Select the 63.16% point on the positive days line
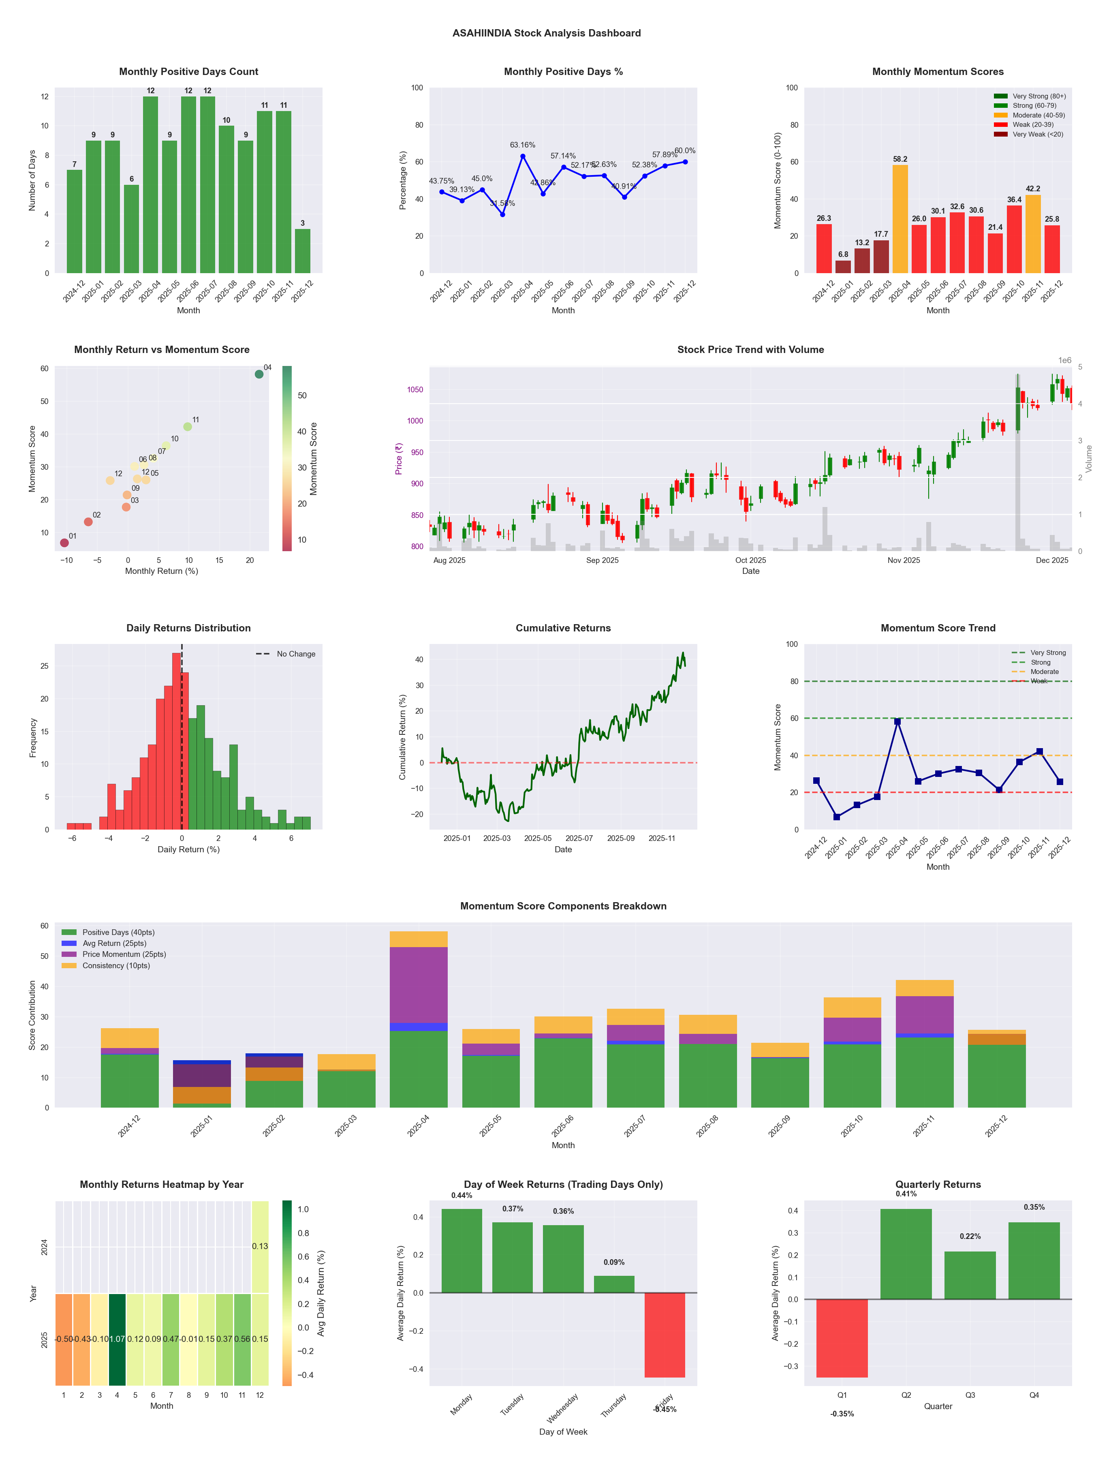pyautogui.click(x=522, y=156)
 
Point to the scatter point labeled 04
pyautogui.click(x=259, y=374)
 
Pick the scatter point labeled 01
pyautogui.click(x=64, y=543)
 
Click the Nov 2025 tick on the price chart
pyautogui.click(x=904, y=560)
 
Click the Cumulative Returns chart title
pyautogui.click(x=563, y=628)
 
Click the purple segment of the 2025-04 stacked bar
pyautogui.click(x=419, y=985)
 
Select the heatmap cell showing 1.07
pyautogui.click(x=118, y=1339)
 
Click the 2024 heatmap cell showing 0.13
pyautogui.click(x=260, y=1246)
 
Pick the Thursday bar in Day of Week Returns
pyautogui.click(x=614, y=1284)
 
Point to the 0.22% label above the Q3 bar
pyautogui.click(x=970, y=1236)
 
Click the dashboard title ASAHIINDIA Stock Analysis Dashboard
pyautogui.click(x=547, y=33)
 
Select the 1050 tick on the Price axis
pyautogui.click(x=415, y=390)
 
